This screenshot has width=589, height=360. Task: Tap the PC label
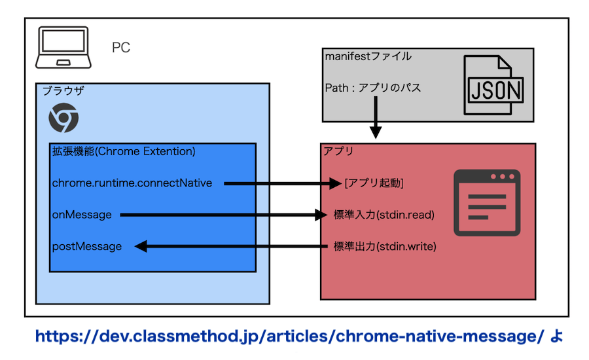tap(121, 48)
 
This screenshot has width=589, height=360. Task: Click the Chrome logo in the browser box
tap(63, 118)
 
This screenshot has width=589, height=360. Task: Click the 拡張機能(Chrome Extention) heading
tap(124, 151)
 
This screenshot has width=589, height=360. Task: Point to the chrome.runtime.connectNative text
tap(132, 183)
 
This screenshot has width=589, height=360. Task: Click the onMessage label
tap(82, 215)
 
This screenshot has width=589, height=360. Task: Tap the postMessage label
tap(87, 246)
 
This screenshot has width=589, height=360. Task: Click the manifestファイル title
tap(368, 57)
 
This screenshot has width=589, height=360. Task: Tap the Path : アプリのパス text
tap(373, 88)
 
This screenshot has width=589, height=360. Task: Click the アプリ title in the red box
tap(338, 151)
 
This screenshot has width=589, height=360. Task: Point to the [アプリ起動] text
tap(374, 183)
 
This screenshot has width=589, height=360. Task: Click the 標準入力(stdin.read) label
tap(384, 215)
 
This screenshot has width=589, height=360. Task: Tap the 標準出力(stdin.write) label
tap(385, 246)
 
